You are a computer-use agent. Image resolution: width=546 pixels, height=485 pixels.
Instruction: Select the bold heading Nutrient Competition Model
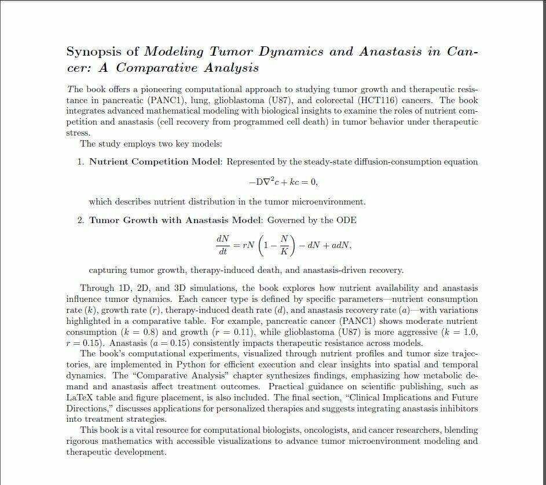[155, 162]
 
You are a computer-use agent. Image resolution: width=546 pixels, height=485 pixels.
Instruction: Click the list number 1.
[80, 162]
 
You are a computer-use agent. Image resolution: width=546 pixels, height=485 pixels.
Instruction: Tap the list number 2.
[80, 220]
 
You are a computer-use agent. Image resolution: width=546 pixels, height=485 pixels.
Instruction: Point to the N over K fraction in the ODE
[284, 245]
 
